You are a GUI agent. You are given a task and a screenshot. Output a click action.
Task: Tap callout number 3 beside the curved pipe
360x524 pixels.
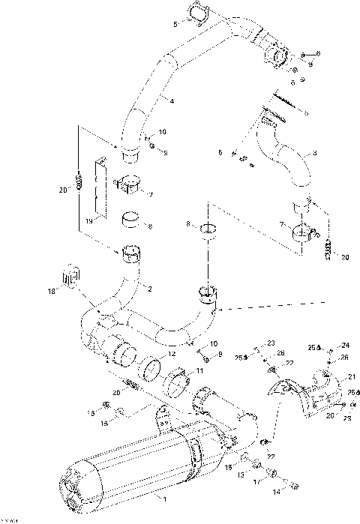coord(315,154)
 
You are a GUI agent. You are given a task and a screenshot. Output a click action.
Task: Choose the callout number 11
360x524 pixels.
coord(199,370)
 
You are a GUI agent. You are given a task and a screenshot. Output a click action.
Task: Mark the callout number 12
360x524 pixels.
coord(172,354)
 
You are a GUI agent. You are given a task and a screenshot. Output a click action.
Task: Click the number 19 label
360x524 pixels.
coord(89,222)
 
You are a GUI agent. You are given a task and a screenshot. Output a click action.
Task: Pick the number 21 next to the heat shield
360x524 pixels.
coord(351,377)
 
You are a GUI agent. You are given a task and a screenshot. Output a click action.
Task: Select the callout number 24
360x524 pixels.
coord(346,346)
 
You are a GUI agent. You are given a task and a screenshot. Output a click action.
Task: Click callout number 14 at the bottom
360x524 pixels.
coord(275,493)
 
